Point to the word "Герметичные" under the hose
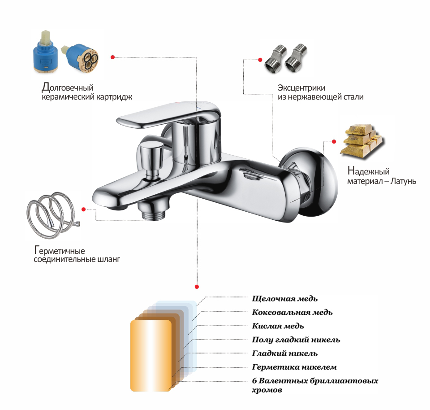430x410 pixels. tap(60, 250)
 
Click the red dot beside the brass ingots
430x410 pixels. tap(334, 141)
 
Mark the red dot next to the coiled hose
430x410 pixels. tap(83, 209)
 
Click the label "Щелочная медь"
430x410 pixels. tap(285, 298)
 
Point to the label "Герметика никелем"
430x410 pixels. tap(294, 367)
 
